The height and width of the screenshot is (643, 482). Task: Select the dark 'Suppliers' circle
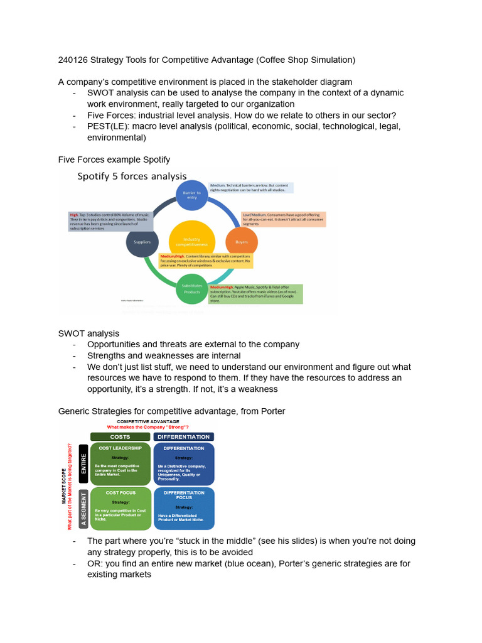tap(142, 242)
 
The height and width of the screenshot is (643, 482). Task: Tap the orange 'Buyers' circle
tap(242, 242)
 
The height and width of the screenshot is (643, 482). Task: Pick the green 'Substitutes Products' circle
tap(192, 289)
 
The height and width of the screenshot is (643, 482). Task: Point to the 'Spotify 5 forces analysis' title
tap(132, 176)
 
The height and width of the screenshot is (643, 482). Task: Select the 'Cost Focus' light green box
tap(121, 507)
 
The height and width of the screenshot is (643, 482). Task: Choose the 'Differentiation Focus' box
tap(184, 507)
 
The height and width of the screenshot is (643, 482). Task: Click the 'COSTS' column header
tap(120, 436)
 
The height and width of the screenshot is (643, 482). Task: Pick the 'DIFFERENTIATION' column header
tap(184, 436)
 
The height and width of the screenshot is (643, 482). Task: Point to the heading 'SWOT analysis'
tap(88, 333)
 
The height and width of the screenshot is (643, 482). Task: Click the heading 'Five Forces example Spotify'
tap(114, 159)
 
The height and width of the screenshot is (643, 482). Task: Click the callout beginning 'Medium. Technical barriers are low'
tap(251, 187)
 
